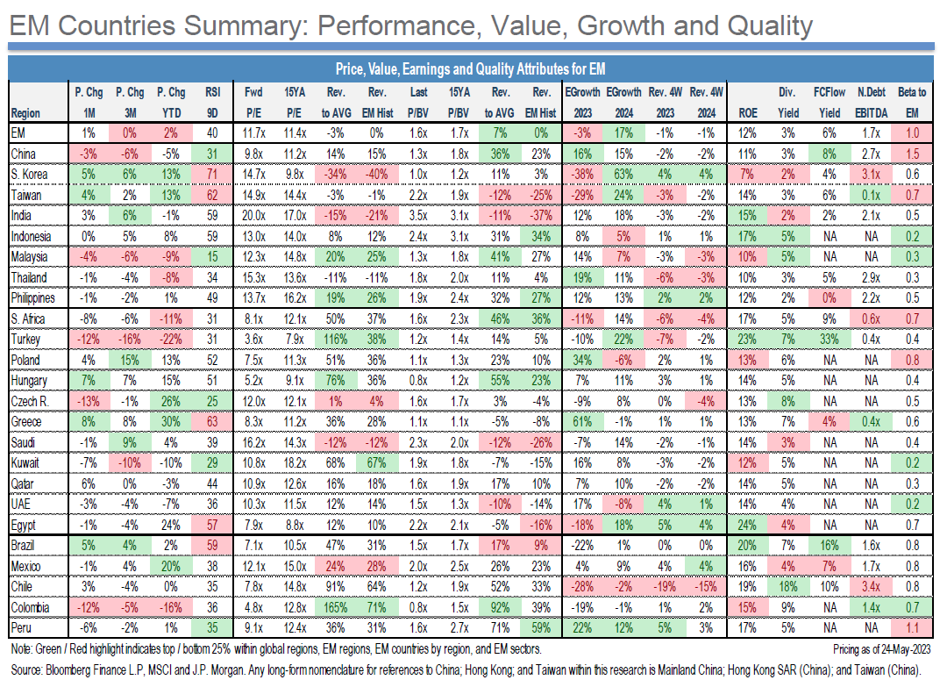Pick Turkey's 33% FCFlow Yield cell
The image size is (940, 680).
[x=827, y=339]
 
